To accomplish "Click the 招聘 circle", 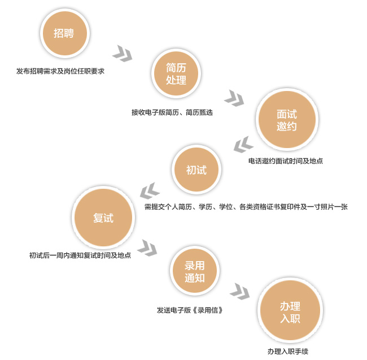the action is coord(65,33).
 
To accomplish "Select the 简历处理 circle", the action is coord(176,73).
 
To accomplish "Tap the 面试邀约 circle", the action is coord(287,119).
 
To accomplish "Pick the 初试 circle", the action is coord(196,170).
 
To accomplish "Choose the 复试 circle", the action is coord(103,218).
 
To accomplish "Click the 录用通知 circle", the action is coord(195,271).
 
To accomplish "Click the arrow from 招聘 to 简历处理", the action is coord(123,54).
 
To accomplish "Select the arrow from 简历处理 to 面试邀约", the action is coord(234,98).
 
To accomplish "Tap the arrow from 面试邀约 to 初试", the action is coord(243,145).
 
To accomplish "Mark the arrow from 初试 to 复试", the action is coord(150,191).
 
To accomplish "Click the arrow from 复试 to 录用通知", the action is coord(147,248).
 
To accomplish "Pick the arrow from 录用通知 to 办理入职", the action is coord(239,292).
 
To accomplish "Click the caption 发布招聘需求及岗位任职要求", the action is coord(60,71).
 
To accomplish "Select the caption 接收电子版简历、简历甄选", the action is coord(172,112).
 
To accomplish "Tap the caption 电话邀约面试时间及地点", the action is coord(286,161).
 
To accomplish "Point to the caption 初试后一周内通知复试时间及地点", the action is coord(80,255).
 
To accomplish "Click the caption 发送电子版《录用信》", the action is coord(190,310).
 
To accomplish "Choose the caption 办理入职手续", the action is coord(288,352).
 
